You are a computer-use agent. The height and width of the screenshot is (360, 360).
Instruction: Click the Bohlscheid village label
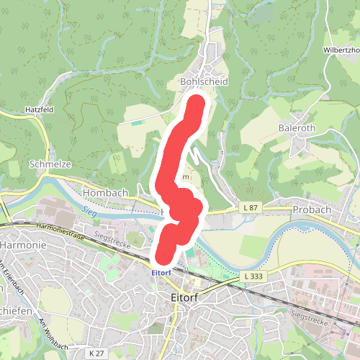[203, 82]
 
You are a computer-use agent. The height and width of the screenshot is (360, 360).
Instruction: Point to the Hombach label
[105, 193]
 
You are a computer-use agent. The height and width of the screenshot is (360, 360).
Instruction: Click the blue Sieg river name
[88, 211]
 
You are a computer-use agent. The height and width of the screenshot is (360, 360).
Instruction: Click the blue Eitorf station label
[161, 273]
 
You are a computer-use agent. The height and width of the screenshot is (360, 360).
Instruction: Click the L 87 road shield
[250, 208]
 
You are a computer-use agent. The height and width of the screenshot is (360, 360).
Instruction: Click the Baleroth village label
[297, 127]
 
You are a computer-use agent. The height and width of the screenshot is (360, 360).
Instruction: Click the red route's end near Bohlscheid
[194, 107]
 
